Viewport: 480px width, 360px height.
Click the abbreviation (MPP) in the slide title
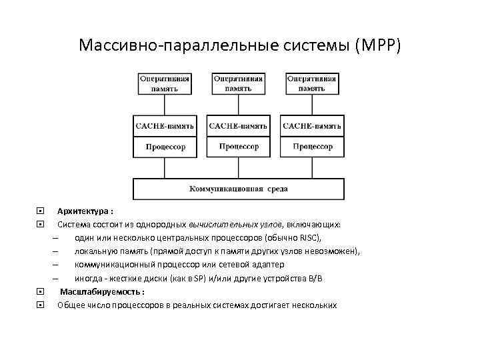tap(379, 45)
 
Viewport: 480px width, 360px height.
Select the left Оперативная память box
tap(164, 83)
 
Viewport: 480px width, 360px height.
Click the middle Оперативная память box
tap(238, 83)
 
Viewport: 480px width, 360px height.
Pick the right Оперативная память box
tap(312, 83)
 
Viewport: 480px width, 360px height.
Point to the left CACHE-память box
tap(164, 125)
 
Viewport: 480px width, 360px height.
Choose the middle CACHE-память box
tap(238, 125)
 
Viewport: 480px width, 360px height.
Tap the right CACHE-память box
tap(312, 125)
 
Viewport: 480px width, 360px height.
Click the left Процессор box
tap(164, 146)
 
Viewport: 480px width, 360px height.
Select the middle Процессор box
tap(238, 146)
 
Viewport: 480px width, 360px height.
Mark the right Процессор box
tap(312, 146)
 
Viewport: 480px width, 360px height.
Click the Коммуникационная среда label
tap(238, 189)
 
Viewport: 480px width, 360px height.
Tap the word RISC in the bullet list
tap(309, 238)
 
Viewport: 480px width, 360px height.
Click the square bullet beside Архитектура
tap(41, 211)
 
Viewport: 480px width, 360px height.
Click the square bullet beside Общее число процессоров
tap(41, 305)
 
